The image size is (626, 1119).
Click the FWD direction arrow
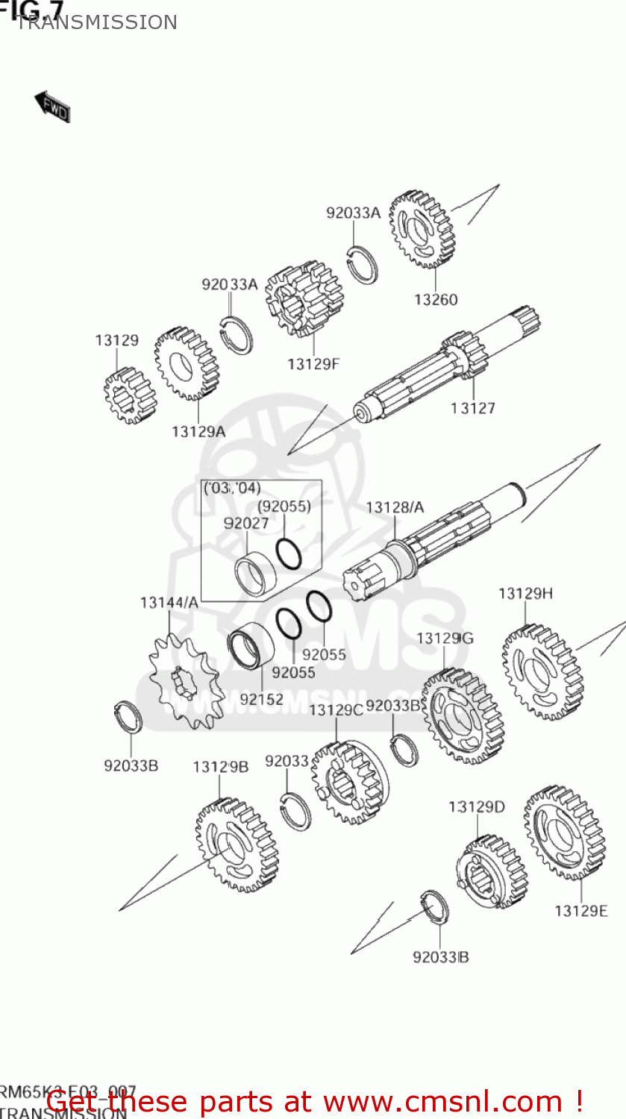coord(52,107)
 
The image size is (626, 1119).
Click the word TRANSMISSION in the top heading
coord(96,22)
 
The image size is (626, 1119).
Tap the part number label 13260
coord(436,300)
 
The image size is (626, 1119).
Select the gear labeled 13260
coord(422,230)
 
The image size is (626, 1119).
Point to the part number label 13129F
coord(313,364)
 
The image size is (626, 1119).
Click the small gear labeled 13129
coord(130,395)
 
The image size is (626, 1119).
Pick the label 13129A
coord(198,431)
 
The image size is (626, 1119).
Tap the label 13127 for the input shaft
coord(473,408)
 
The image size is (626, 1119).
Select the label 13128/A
coord(395,507)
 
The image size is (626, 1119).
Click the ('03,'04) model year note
coord(232,489)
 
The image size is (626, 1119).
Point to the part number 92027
coord(246,523)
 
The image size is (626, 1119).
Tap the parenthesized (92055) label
coord(284,506)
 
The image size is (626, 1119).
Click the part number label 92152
coord(261,699)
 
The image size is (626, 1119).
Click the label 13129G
coord(445,639)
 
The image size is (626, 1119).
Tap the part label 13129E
coord(581,911)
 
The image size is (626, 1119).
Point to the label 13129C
coord(336,710)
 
